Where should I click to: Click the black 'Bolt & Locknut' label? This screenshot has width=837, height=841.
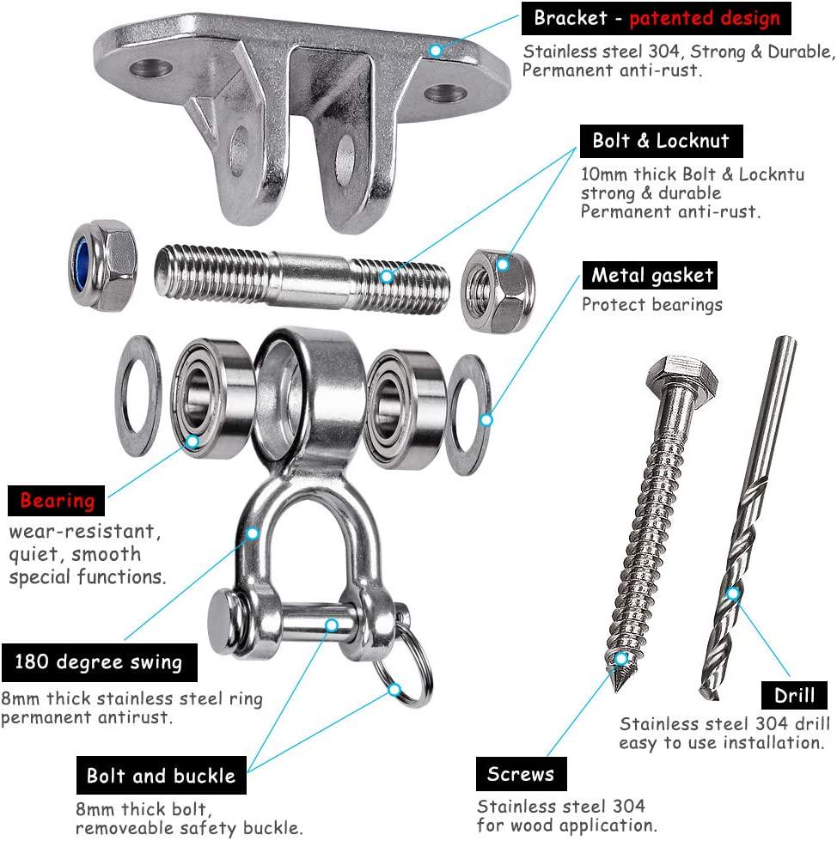click(x=661, y=141)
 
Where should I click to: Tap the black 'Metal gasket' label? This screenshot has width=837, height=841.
click(x=650, y=276)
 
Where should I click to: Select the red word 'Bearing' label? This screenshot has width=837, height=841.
click(x=57, y=501)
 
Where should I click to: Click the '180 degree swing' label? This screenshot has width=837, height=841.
click(x=100, y=662)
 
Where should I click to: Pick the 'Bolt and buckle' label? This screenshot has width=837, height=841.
click(x=162, y=776)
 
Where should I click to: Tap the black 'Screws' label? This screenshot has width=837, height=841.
click(x=521, y=774)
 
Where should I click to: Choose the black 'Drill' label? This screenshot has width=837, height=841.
click(x=794, y=696)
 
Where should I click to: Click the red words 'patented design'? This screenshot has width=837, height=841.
click(x=705, y=18)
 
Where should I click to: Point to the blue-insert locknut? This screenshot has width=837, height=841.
click(x=102, y=265)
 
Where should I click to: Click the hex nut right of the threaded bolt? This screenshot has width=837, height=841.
click(x=498, y=291)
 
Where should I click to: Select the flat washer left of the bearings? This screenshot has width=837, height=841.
click(x=137, y=396)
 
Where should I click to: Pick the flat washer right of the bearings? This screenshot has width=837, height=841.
click(x=467, y=415)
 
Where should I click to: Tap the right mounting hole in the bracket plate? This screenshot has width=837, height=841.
click(x=445, y=93)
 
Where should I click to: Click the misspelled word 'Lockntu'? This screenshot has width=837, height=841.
click(x=772, y=174)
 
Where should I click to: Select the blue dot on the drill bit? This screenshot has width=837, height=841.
click(x=733, y=594)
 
